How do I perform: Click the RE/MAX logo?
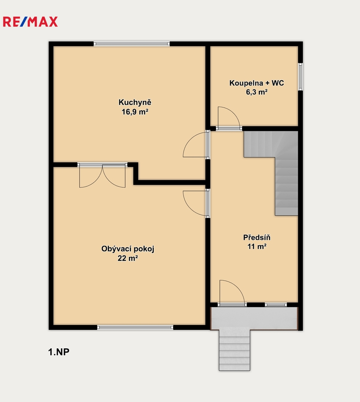click(x=30, y=22)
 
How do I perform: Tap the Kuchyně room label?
click(x=135, y=103)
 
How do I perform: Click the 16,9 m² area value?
click(x=135, y=112)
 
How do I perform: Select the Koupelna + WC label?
click(x=257, y=83)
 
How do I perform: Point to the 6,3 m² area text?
click(x=257, y=92)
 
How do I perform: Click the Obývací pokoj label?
click(x=128, y=249)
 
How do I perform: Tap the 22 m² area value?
click(x=128, y=258)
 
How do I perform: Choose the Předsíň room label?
click(x=257, y=237)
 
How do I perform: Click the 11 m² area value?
click(x=257, y=246)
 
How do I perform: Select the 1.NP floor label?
click(x=59, y=352)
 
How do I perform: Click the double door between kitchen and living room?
click(x=102, y=175)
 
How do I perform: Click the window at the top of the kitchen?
click(x=131, y=44)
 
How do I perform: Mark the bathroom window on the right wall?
click(x=300, y=77)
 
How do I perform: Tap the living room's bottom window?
click(x=135, y=327)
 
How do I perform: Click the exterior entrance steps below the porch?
click(x=235, y=351)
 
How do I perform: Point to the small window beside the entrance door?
click(x=276, y=304)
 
